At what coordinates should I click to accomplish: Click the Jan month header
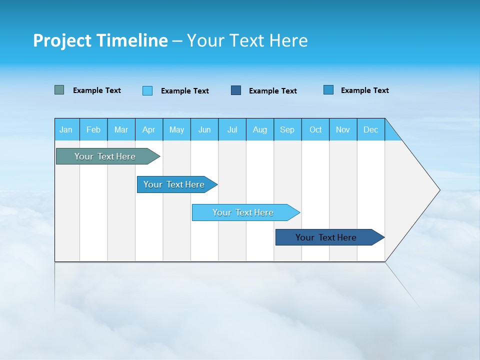point(66,129)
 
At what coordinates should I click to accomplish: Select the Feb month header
point(93,129)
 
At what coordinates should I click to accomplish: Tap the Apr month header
point(148,129)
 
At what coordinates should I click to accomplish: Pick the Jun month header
point(204,129)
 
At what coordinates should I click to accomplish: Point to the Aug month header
point(259,129)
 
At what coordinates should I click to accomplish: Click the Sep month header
point(287,129)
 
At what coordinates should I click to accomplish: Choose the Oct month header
point(315,129)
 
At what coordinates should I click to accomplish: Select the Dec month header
point(370,129)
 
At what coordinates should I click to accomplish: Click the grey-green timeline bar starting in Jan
point(105,156)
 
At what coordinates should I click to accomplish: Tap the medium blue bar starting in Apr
point(174,184)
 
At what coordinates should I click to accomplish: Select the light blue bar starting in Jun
point(243,212)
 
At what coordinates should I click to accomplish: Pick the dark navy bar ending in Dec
point(326,237)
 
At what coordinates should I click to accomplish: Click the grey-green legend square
point(59,90)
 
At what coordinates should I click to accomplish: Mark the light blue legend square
point(147,90)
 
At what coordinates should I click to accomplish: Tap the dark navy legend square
point(236,90)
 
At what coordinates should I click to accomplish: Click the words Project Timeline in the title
point(100,40)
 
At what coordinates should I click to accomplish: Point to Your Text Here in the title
point(247,40)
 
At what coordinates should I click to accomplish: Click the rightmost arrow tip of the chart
point(438,190)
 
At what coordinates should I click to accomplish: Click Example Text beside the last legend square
point(364,90)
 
